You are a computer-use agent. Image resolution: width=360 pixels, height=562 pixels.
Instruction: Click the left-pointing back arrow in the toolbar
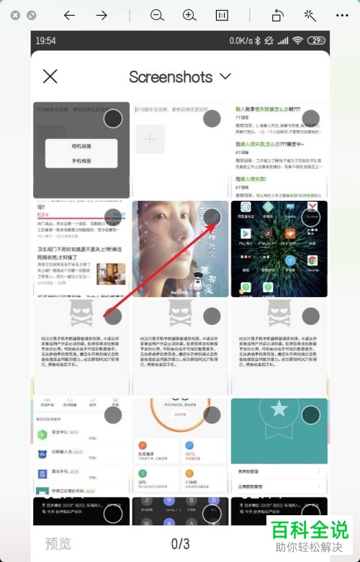(x=69, y=15)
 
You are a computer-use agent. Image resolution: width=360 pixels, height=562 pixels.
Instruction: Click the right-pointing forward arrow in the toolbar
(x=102, y=15)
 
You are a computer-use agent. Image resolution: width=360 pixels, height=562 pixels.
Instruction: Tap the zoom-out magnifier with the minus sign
(x=157, y=15)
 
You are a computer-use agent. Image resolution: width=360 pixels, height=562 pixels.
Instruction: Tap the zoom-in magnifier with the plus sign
(x=189, y=15)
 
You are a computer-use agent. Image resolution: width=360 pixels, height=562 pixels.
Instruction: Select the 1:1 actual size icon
(x=222, y=15)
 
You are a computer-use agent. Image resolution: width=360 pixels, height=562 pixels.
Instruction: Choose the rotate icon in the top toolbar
(x=278, y=15)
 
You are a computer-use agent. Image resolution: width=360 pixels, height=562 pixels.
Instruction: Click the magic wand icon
(x=310, y=15)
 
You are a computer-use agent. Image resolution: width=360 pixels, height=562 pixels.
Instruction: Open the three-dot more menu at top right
(x=342, y=15)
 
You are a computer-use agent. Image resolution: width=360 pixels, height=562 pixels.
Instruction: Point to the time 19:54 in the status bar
(x=45, y=41)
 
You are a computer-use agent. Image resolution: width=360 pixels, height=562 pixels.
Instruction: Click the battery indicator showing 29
(x=317, y=41)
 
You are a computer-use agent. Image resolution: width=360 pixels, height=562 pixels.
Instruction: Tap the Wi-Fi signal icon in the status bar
(x=297, y=41)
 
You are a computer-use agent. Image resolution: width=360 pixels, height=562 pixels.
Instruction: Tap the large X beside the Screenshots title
(x=50, y=76)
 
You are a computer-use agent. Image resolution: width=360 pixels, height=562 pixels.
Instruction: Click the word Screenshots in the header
(x=171, y=76)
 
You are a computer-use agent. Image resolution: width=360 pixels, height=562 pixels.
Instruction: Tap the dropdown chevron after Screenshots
(x=225, y=76)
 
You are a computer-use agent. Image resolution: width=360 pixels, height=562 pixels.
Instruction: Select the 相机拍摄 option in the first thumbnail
(x=81, y=146)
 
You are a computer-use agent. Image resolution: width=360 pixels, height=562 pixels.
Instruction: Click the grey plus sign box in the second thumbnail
(x=150, y=140)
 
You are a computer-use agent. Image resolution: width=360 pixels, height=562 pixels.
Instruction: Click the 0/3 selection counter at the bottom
(x=180, y=543)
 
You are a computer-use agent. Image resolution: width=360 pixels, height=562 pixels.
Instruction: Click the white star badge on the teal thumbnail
(x=279, y=409)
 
